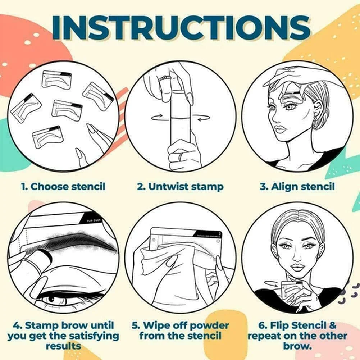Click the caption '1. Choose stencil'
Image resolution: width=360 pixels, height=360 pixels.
click(63, 186)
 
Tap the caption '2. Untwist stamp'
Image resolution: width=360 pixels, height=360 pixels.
click(180, 186)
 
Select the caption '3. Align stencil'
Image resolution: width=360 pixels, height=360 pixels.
click(297, 186)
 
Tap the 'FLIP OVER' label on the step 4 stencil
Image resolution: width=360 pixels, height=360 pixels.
click(95, 219)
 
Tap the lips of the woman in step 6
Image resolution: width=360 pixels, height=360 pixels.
click(298, 268)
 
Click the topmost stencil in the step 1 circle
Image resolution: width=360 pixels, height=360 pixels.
click(56, 79)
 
